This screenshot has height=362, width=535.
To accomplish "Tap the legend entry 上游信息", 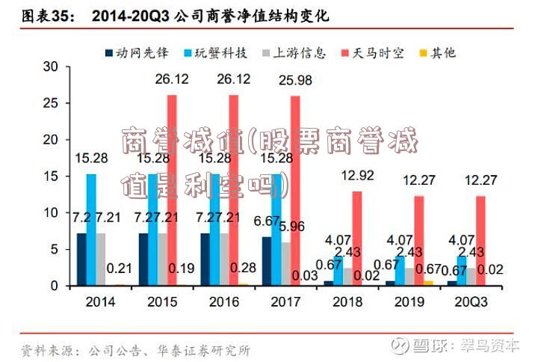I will pos(299,52).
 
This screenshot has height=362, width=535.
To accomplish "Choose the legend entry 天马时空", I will pos(377,52).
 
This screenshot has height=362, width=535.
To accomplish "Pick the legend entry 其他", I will pos(442,52).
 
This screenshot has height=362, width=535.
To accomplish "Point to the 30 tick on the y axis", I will pos(50,66).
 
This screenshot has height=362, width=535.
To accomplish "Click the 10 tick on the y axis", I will pos(50,212).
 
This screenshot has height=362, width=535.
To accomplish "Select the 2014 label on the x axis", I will pos(100,301).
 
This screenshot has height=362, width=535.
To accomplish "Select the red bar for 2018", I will pos(357,238).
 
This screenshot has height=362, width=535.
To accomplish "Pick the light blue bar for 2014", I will pos(91,230).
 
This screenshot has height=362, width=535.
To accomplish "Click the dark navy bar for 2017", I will pos(267,261).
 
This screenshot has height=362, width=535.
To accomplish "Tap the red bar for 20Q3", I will pos(480,240).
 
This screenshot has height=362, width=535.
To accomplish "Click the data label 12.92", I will pos(357,176).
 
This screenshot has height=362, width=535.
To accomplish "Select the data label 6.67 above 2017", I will pos(267,221).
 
